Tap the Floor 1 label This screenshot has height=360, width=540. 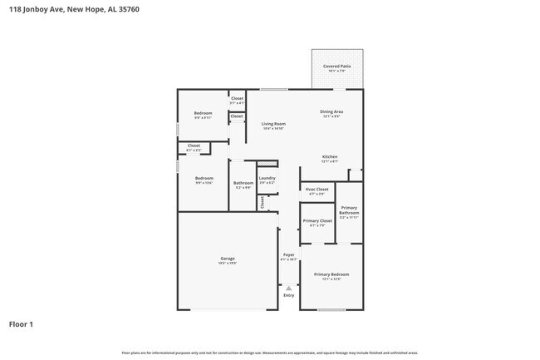[22, 324]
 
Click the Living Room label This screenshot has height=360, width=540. [273, 124]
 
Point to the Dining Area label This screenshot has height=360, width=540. [332, 111]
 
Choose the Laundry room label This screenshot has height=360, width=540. [267, 178]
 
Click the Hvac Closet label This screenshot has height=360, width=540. [317, 189]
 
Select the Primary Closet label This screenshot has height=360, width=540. [317, 221]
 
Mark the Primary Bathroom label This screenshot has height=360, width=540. [349, 210]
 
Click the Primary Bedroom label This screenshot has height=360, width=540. [331, 274]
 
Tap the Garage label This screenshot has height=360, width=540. [228, 259]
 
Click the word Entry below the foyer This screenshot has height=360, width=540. [288, 295]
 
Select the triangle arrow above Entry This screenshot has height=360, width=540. [288, 288]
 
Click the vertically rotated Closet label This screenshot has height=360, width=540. [263, 201]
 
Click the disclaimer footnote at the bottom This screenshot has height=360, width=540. [269, 353]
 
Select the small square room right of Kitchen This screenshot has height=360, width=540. [356, 175]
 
